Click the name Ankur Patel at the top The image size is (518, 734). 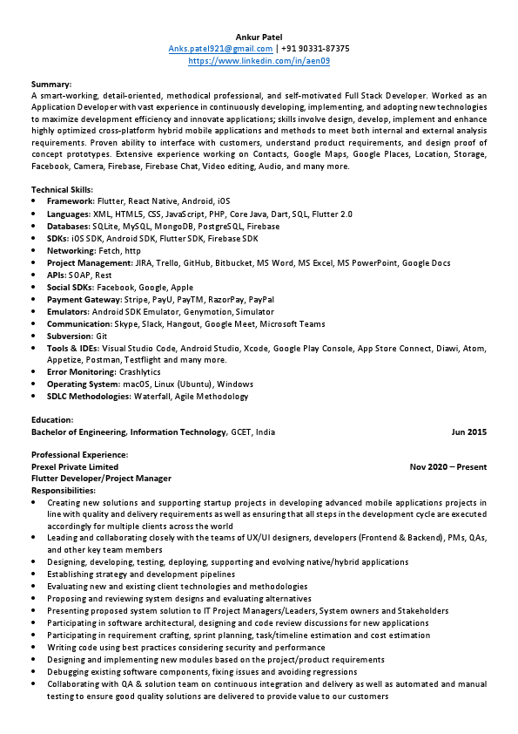[x=259, y=37]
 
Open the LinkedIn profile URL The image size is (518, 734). [x=259, y=61]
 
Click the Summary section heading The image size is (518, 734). [x=51, y=84]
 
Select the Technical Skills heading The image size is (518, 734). [x=62, y=189]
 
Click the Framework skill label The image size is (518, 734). [x=70, y=201]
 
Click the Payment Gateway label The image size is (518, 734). [x=84, y=299]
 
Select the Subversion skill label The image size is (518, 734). [x=70, y=336]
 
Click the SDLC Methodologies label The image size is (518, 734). [x=89, y=397]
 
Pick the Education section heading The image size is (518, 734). [x=52, y=419]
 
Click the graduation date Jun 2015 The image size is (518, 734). [x=468, y=432]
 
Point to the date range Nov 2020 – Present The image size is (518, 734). [x=447, y=466]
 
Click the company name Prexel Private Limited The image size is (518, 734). [x=75, y=466]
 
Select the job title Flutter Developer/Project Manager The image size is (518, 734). [x=101, y=479]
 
